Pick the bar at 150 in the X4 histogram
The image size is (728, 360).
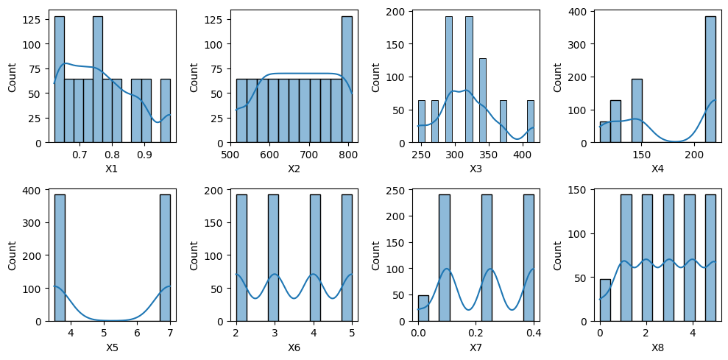(637, 110)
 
